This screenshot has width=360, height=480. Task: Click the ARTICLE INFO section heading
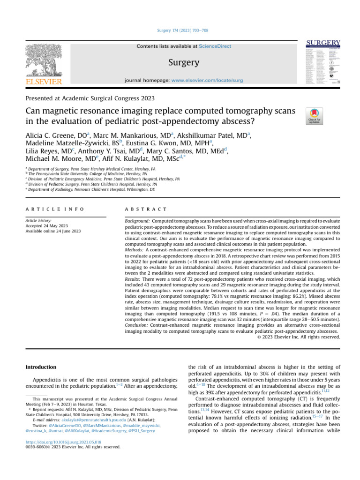point(55,209)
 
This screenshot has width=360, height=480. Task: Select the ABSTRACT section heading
point(142,209)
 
